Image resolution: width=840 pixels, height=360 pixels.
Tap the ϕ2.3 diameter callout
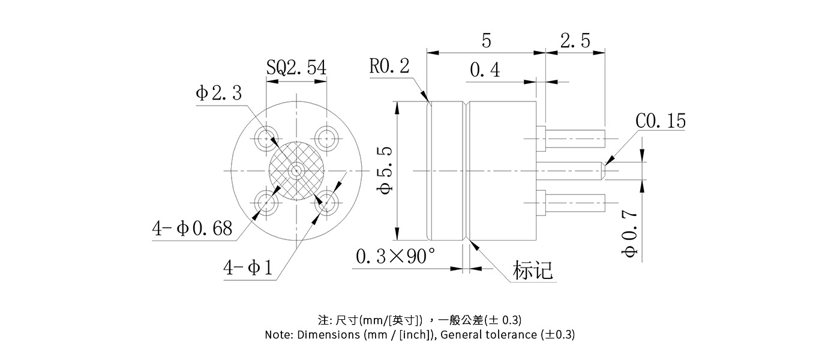(x=218, y=94)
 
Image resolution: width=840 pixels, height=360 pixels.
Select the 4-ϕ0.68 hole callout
(x=192, y=229)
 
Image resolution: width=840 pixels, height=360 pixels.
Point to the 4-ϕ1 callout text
(x=248, y=267)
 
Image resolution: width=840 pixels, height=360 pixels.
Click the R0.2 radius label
(x=389, y=65)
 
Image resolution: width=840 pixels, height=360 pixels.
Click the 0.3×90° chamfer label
(x=395, y=256)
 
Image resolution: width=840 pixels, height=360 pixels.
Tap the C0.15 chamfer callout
(x=660, y=121)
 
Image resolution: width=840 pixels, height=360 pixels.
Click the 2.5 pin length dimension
(x=575, y=41)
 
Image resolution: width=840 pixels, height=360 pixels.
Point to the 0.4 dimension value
(x=485, y=70)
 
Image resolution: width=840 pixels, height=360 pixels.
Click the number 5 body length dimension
(x=486, y=41)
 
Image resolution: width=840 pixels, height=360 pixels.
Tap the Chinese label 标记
(x=532, y=271)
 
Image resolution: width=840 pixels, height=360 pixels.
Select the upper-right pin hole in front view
(x=327, y=139)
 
